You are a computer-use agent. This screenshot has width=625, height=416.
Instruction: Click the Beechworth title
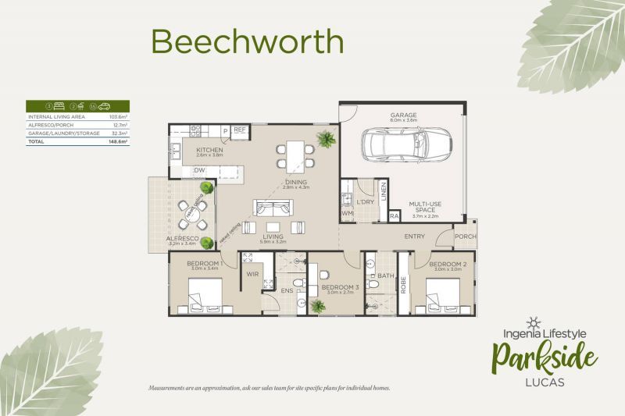tap(247, 41)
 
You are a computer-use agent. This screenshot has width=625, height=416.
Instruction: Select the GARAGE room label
tap(403, 115)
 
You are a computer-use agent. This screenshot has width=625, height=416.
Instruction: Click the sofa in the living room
tap(273, 208)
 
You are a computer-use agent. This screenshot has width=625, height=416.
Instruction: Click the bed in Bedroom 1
tap(202, 297)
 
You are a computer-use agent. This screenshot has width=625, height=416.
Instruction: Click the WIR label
tap(253, 274)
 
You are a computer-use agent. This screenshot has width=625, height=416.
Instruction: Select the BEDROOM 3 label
tap(340, 287)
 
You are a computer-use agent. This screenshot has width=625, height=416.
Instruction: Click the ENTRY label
tap(414, 236)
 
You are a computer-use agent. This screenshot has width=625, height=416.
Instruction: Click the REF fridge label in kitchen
tap(240, 130)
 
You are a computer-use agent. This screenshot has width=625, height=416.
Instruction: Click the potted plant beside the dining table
tap(326, 140)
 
